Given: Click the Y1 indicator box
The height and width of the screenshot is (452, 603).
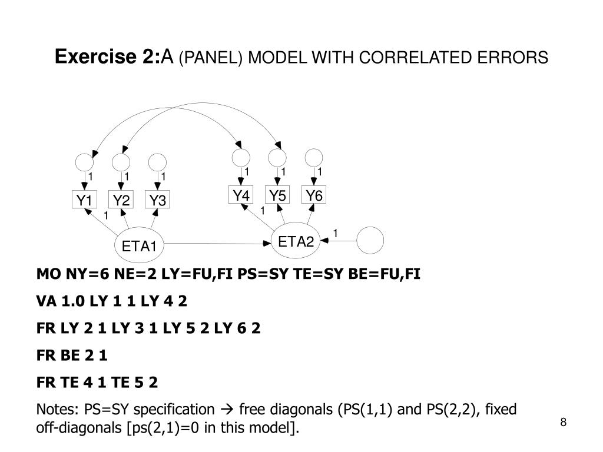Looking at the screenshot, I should coord(83,201).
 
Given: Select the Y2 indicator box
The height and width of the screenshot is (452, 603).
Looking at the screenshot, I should coord(121,201).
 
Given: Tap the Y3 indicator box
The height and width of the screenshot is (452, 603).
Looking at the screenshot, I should coord(157,201).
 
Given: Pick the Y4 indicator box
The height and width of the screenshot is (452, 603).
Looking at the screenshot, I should coord(241,195).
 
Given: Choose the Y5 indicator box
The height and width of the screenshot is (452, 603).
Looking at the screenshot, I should coord(277,195).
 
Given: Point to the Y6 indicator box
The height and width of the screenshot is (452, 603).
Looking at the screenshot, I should coord(314,195).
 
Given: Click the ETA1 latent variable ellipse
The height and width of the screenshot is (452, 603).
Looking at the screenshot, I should coord(139,245).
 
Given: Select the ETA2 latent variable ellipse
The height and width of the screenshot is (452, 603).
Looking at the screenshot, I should coord(296,241).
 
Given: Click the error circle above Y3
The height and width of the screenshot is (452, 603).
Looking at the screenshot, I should coord(157,162).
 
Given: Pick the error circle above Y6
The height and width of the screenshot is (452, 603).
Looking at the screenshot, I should coord(314,157).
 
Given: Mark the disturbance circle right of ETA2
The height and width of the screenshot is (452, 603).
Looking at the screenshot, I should coord(370,240).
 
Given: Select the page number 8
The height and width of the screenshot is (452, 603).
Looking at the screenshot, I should coord(564,422).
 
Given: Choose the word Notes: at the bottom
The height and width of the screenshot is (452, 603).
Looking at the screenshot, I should coord(58,409).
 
